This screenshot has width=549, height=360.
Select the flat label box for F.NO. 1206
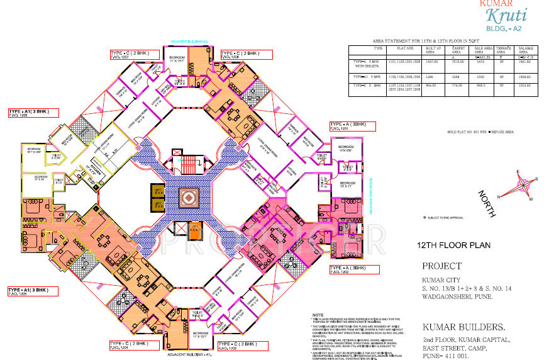click(x=33, y=113)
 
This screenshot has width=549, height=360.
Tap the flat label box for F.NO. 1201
click(x=352, y=126)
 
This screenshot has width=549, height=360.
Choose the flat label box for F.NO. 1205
click(x=33, y=291)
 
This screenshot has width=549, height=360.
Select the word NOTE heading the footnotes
click(x=318, y=315)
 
